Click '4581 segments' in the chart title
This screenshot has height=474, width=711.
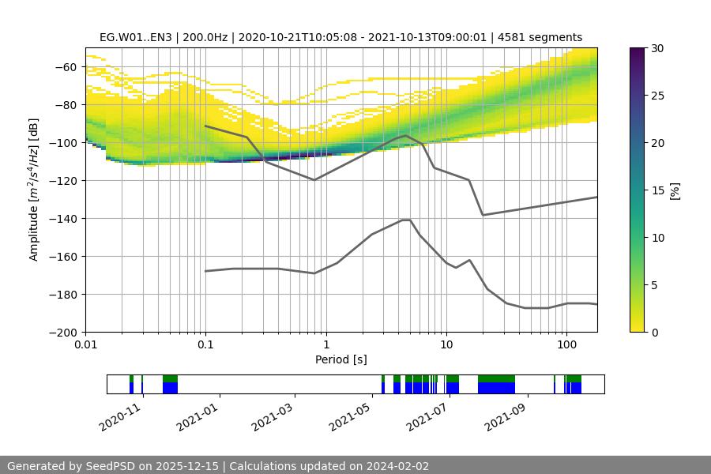click(544, 37)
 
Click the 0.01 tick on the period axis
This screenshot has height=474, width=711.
click(85, 346)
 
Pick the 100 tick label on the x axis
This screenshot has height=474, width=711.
click(566, 346)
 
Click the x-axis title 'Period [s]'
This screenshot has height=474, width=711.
click(341, 360)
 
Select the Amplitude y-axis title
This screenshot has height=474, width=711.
click(34, 190)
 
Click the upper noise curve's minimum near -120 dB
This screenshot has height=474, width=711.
click(314, 180)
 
